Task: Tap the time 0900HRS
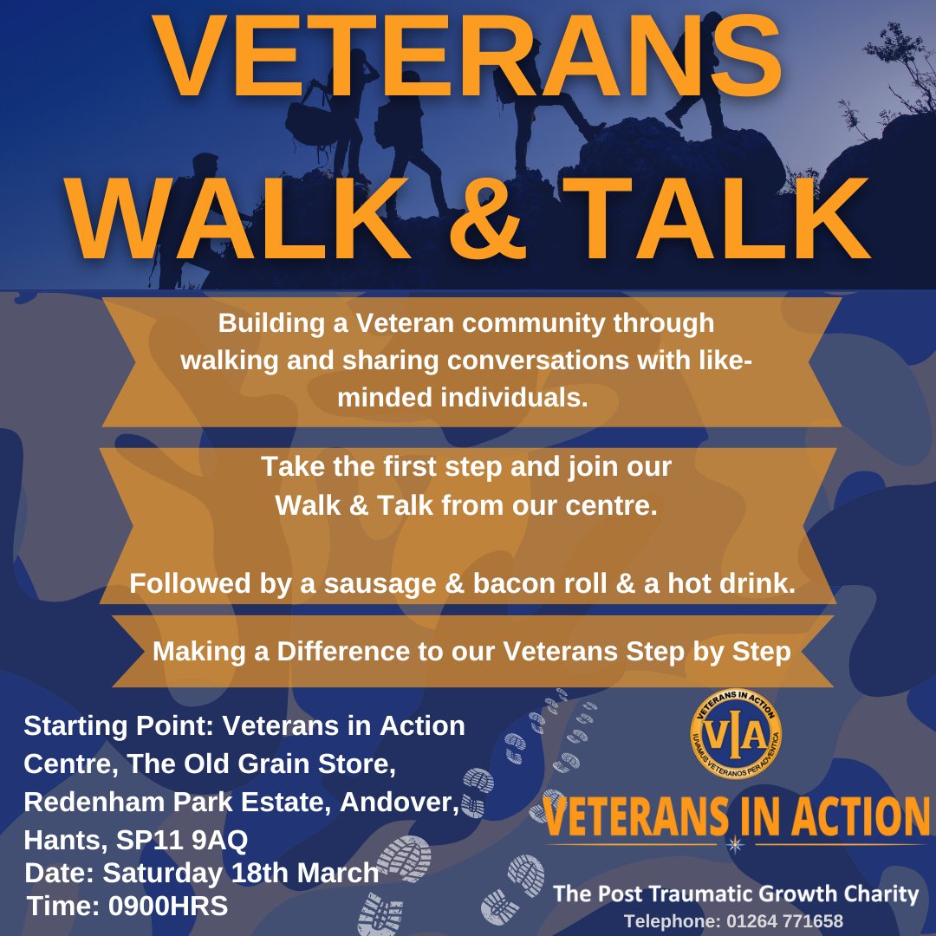click(x=168, y=907)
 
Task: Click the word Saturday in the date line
click(x=163, y=873)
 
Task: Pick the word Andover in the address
click(x=398, y=802)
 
